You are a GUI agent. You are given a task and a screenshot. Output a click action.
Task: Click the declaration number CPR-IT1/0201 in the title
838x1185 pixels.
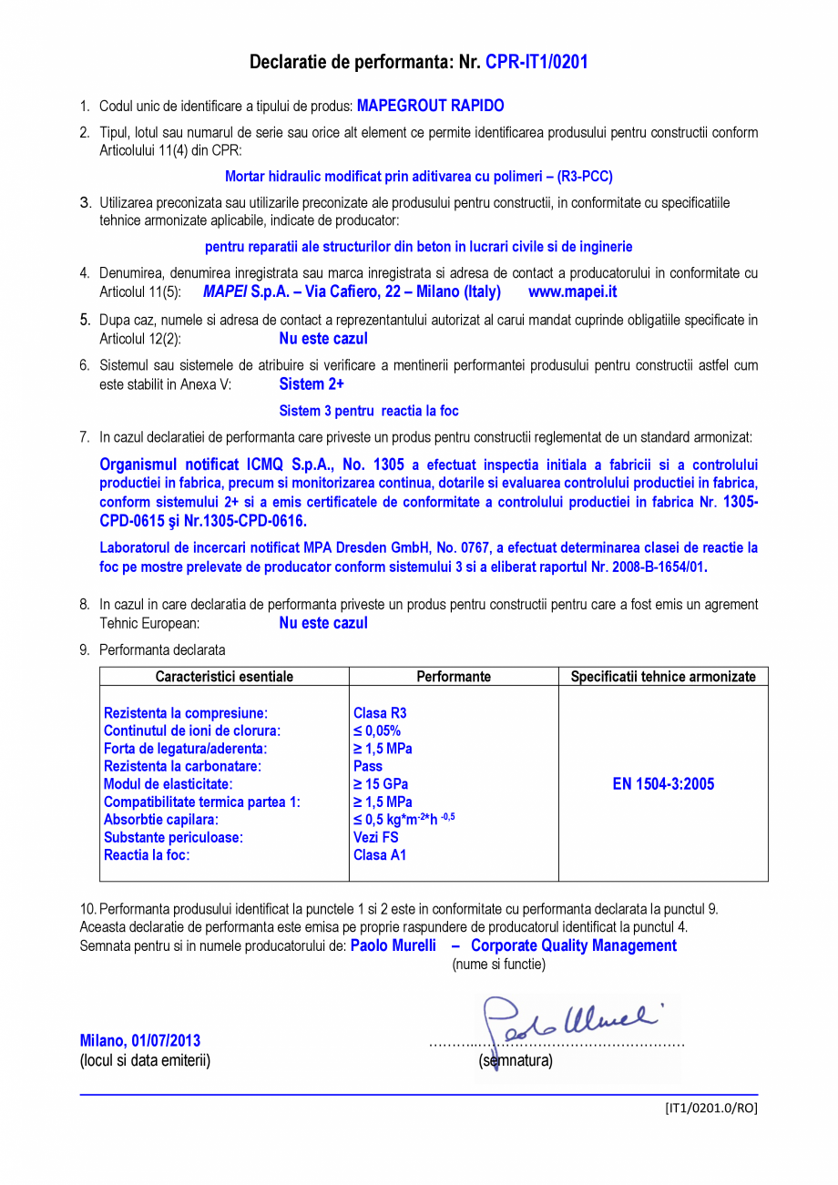[537, 62]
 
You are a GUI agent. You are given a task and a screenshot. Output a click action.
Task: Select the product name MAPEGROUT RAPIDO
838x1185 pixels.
[430, 106]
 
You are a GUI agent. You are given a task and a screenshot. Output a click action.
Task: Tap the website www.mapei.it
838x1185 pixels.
[572, 292]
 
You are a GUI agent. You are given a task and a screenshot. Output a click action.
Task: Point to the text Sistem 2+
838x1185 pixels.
[312, 384]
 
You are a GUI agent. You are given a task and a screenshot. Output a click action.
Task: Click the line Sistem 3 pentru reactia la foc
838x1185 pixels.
[369, 411]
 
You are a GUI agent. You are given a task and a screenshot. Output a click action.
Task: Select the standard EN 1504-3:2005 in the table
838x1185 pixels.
[663, 784]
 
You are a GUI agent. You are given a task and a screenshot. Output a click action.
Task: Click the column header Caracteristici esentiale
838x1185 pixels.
[224, 677]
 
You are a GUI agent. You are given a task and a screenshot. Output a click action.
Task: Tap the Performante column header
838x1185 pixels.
[454, 677]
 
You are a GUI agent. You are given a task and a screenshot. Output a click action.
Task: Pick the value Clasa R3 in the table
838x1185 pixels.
[380, 713]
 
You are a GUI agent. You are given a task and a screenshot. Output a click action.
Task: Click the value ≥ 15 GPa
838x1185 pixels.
[381, 784]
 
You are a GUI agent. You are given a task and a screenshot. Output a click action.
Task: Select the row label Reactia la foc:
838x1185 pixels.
[147, 855]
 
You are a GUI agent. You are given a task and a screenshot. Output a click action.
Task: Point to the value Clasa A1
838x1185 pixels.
[380, 855]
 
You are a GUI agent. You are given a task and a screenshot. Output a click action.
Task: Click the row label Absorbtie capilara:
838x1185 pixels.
[161, 820]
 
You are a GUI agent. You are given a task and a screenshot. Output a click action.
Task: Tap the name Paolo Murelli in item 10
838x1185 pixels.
[393, 945]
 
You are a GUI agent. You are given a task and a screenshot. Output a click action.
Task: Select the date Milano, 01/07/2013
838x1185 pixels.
[140, 1040]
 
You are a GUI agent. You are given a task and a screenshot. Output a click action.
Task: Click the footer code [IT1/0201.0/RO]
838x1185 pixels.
[710, 1108]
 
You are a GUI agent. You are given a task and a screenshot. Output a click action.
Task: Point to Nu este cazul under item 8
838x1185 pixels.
[323, 623]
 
